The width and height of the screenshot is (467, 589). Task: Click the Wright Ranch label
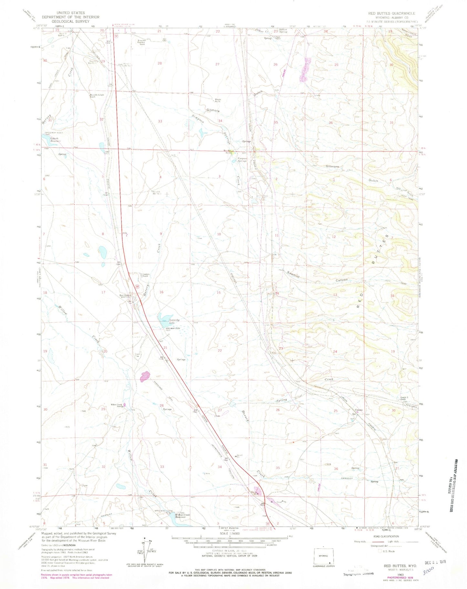pos(218,100)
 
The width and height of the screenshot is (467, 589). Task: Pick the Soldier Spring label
pos(283,31)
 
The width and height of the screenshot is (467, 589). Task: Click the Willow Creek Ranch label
pos(116,405)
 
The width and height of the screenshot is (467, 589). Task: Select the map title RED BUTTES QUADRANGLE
pos(391,13)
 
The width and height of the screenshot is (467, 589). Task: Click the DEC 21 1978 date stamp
pos(433,562)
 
